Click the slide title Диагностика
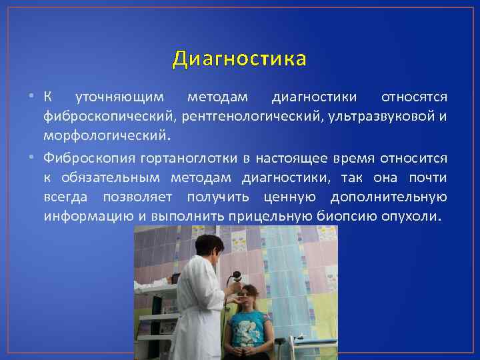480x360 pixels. [x=239, y=59]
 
